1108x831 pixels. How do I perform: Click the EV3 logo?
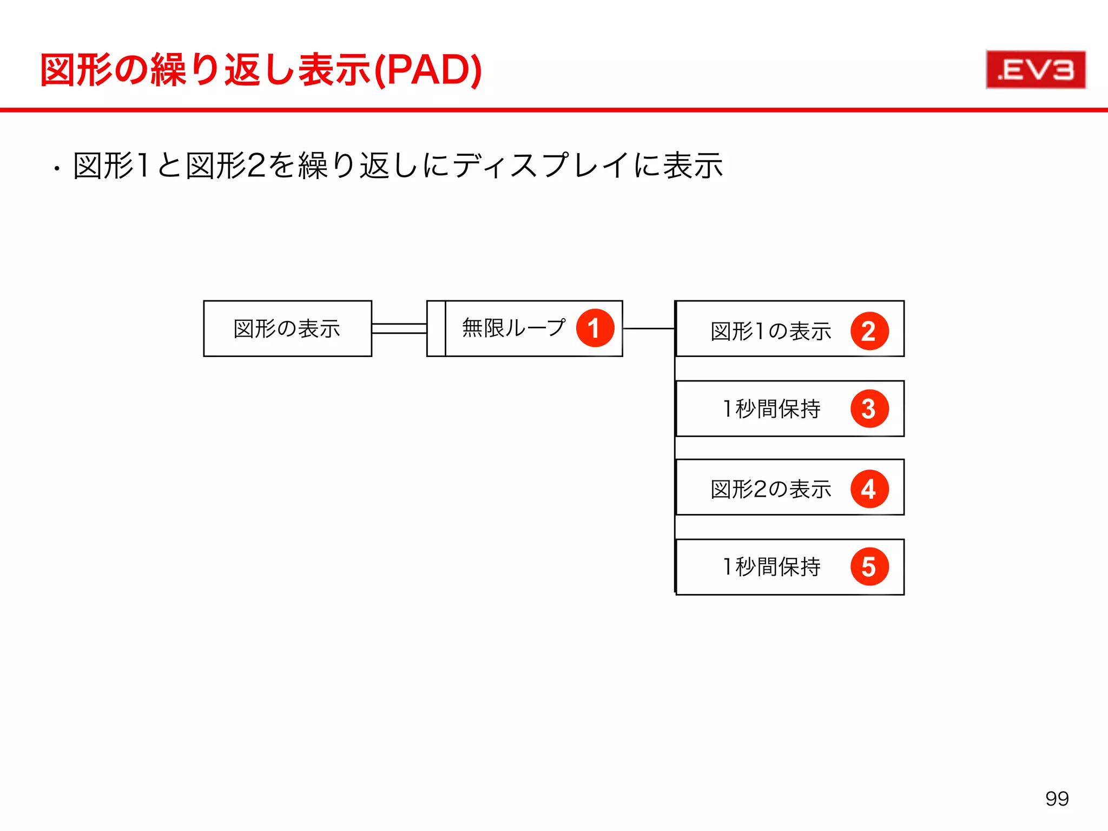click(x=1036, y=70)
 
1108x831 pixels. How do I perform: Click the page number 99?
click(x=1057, y=799)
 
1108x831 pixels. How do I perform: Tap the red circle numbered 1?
click(x=595, y=328)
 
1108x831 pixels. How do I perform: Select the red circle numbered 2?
click(x=869, y=331)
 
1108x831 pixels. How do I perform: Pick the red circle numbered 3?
click(x=869, y=408)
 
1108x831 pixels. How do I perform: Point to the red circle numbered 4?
click(x=869, y=489)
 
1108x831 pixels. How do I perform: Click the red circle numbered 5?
click(x=869, y=566)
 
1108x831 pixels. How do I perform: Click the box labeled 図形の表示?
click(x=287, y=328)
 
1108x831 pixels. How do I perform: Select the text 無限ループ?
click(x=513, y=328)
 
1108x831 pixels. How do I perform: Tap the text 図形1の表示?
click(x=770, y=331)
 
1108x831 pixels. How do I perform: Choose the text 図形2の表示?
click(x=770, y=489)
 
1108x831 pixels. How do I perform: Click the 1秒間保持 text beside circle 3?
click(x=771, y=408)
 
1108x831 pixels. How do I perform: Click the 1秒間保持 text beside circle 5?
click(x=771, y=566)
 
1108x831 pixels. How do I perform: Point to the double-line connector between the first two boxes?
click(x=399, y=328)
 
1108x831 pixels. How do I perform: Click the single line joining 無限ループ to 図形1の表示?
click(x=649, y=328)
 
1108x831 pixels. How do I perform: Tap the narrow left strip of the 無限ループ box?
click(x=436, y=328)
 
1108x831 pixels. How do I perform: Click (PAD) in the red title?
click(x=428, y=70)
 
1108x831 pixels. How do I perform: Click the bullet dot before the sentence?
click(x=56, y=169)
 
